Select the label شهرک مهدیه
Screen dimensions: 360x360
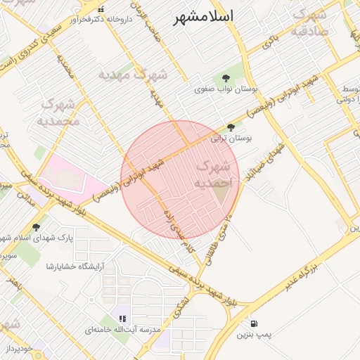tap(133, 75)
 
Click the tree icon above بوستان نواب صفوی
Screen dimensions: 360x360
tap(226, 78)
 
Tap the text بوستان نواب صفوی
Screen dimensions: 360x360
tap(224, 89)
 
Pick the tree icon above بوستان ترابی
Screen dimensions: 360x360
tap(231, 127)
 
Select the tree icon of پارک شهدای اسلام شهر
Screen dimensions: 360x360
tap(37, 227)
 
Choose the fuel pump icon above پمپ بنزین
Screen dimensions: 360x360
tap(252, 324)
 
